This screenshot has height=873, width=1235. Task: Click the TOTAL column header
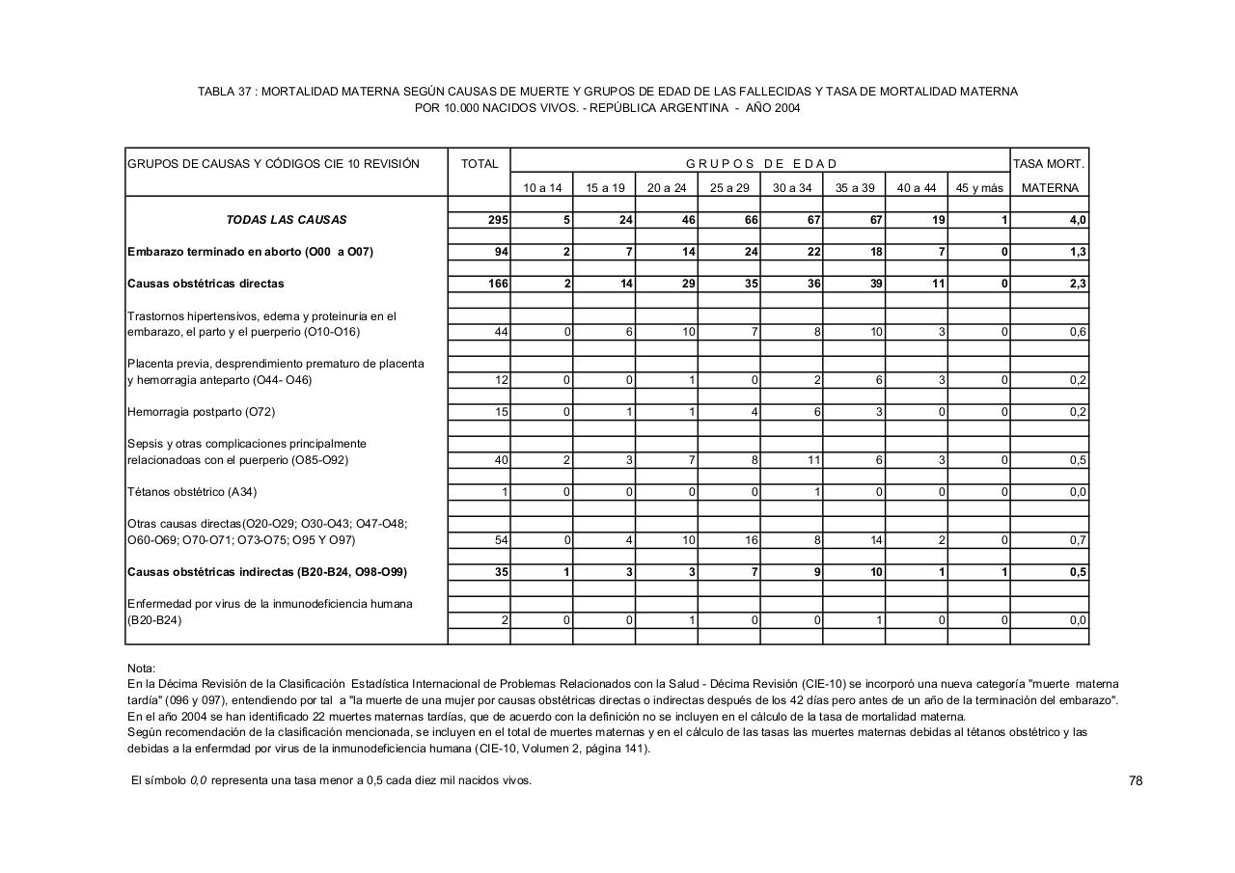coord(480,164)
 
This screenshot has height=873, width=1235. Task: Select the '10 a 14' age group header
coord(542,188)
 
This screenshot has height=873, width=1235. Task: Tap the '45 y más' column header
coord(979,188)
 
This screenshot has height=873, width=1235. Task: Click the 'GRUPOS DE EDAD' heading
coord(761,164)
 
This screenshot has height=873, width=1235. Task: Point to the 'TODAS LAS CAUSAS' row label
coord(287,220)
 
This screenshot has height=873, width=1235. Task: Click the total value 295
coord(498,220)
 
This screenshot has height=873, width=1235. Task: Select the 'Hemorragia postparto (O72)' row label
coord(202,412)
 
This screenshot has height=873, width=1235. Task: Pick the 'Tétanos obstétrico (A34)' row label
coord(192,492)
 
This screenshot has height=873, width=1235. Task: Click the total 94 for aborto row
coord(501,252)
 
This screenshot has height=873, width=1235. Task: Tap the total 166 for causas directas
coord(498,284)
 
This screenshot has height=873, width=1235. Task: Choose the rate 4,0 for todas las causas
coord(1078,220)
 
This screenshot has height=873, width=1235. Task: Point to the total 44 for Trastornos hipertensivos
coord(501,332)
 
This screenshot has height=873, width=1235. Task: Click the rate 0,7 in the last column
coord(1078,540)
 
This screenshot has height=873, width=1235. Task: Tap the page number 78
coord(1135,780)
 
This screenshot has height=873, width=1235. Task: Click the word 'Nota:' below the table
coord(141,668)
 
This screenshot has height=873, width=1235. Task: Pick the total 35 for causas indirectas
coord(501,572)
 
